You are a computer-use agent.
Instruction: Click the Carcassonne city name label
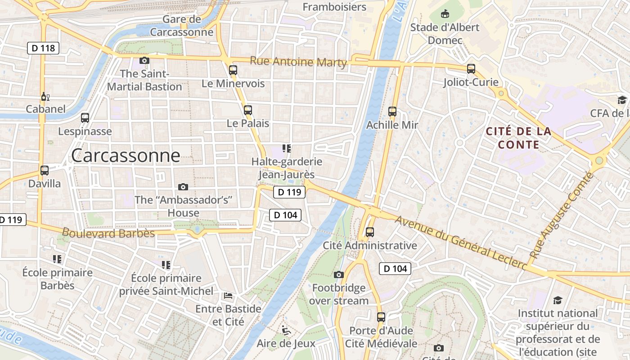[126, 156]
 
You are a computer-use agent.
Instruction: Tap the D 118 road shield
[43, 48]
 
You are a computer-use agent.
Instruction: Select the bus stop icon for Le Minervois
[233, 70]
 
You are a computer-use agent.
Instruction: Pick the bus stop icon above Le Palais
[247, 110]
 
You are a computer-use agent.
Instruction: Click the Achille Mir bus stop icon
[392, 111]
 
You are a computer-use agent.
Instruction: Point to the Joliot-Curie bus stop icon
[471, 68]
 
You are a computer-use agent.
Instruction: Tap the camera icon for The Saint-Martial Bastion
[144, 60]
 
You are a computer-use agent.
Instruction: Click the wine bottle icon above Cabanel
[45, 96]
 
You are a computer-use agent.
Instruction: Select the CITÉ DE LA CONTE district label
[518, 138]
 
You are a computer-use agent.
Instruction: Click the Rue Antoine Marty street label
[298, 62]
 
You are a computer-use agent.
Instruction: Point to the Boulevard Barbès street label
[108, 233]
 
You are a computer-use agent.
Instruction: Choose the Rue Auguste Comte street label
[561, 216]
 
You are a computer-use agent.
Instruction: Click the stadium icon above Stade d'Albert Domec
[445, 14]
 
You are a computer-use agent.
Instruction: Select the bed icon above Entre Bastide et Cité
[228, 296]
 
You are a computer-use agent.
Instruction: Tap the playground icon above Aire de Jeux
[286, 330]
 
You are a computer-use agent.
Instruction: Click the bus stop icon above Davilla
[44, 171]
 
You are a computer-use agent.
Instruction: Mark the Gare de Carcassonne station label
[181, 26]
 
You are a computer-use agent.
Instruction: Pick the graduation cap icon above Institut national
[558, 300]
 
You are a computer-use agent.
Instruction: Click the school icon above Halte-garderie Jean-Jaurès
[286, 148]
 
